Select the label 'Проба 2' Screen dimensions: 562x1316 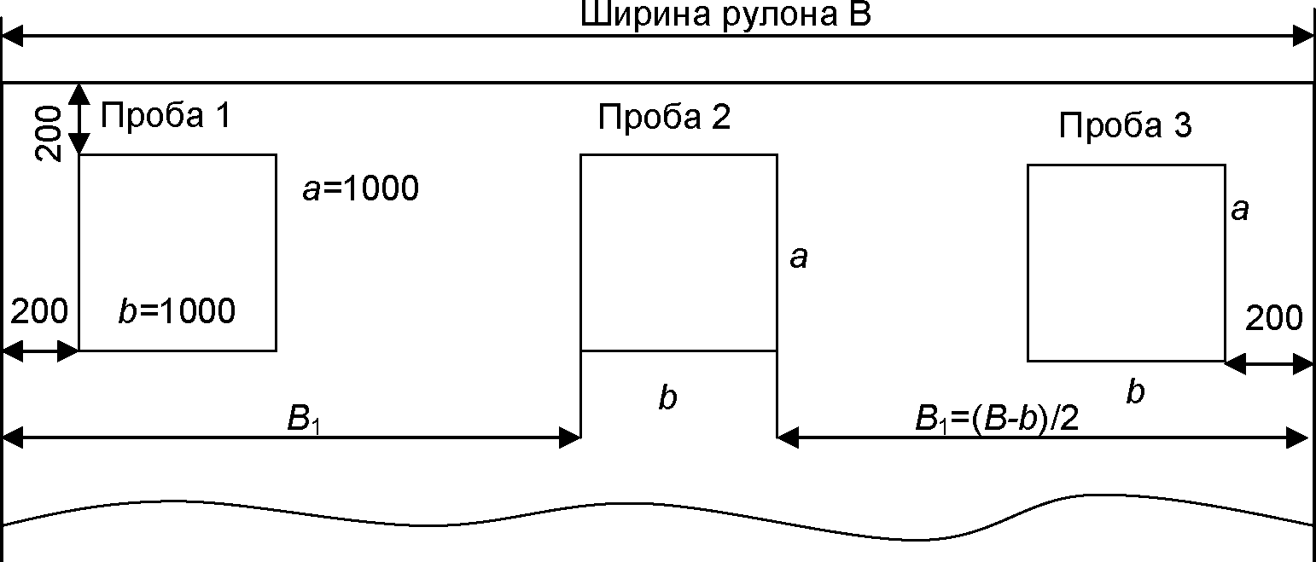tap(664, 116)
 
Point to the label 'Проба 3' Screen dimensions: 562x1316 tap(1125, 125)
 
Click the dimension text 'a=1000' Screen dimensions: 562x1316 tap(360, 188)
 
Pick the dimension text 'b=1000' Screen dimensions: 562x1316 tap(177, 312)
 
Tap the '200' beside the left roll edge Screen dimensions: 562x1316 tap(39, 312)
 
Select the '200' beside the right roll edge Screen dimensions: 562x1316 tap(1273, 318)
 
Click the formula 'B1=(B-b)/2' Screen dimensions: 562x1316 tap(998, 420)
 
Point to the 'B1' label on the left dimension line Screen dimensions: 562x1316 tap(304, 421)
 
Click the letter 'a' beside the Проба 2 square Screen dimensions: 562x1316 tap(798, 257)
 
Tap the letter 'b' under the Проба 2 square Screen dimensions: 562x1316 tap(667, 397)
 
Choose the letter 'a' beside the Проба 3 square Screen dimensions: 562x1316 tap(1240, 209)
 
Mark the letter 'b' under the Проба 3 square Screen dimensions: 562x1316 tap(1134, 392)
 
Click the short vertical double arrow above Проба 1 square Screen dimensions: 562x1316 tap(79, 119)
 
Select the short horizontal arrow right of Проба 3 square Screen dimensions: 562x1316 tap(1268, 363)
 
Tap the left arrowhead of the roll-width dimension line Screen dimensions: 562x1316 tap(14, 36)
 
